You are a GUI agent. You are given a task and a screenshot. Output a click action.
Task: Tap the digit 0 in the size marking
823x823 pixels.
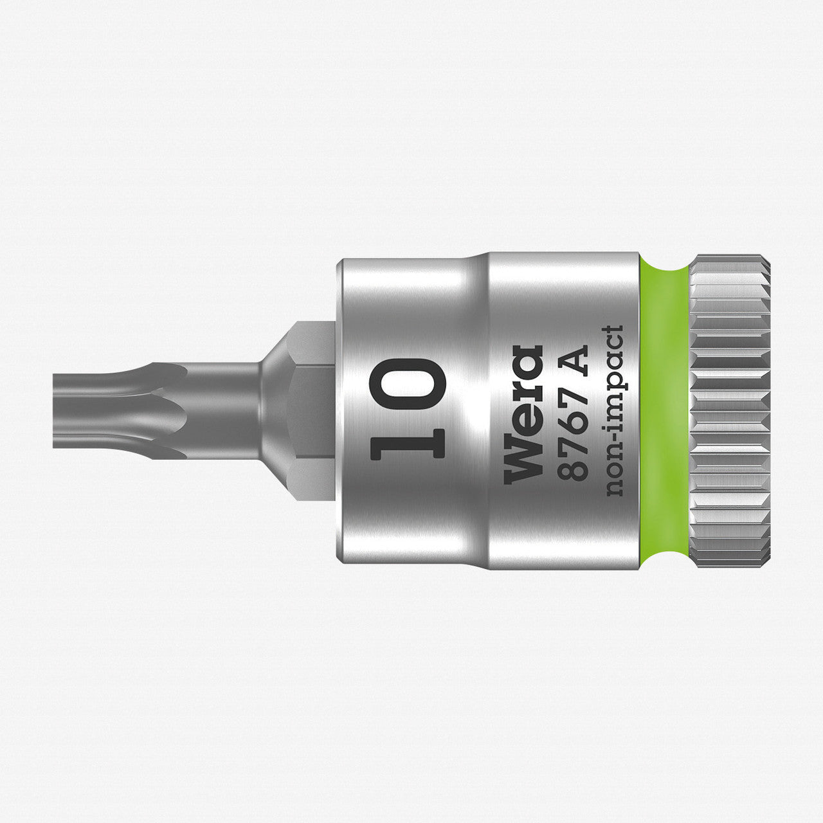408,381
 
